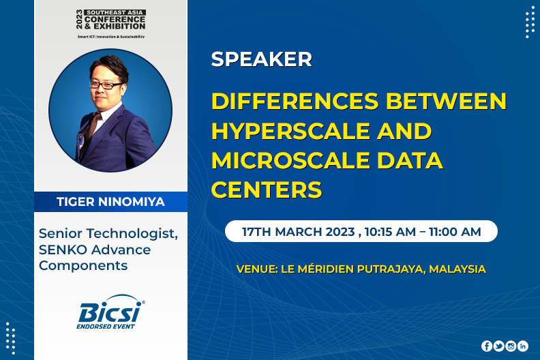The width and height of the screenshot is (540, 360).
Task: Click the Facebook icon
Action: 487,346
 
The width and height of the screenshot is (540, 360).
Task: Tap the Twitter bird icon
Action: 498,346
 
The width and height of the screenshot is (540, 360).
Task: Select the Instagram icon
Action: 511,346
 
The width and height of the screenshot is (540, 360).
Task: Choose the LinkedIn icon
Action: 523,346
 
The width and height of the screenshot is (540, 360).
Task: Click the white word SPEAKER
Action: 261,59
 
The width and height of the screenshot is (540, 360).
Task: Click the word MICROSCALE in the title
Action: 290,160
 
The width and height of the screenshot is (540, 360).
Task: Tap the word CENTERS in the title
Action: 267,190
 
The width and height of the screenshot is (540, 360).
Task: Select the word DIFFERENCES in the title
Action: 295,102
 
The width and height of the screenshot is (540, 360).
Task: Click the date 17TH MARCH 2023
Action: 298,232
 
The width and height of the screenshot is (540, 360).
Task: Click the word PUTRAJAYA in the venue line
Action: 391,269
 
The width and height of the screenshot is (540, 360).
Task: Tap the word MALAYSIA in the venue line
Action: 457,269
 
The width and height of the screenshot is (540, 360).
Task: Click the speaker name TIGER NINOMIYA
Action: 110,202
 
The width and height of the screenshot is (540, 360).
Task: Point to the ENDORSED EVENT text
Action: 106,326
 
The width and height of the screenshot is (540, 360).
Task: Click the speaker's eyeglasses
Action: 106,85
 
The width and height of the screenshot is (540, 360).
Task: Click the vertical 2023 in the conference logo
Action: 80,19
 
